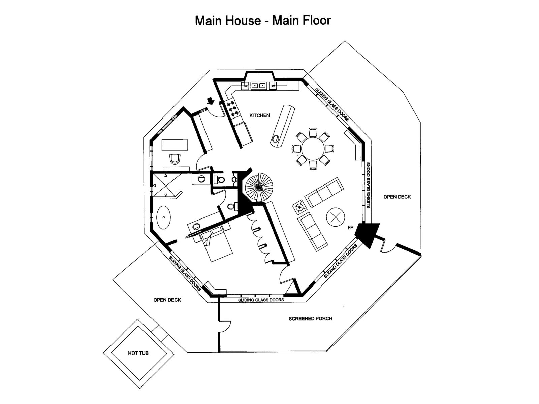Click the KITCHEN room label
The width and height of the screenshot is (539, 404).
259,115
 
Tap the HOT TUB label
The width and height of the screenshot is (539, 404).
138,353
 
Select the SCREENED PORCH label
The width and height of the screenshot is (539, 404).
310,318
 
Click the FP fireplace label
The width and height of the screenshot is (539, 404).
350,228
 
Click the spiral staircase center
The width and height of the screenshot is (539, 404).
259,187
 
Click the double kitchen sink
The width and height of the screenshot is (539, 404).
259,86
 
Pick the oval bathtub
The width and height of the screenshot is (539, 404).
163,217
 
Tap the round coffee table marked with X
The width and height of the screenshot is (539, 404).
336,217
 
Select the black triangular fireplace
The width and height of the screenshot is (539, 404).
367,235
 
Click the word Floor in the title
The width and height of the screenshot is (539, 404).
317,20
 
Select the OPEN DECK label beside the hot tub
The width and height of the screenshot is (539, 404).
167,300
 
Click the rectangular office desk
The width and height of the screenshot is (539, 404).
175,145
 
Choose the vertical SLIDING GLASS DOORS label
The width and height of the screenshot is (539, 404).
368,185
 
